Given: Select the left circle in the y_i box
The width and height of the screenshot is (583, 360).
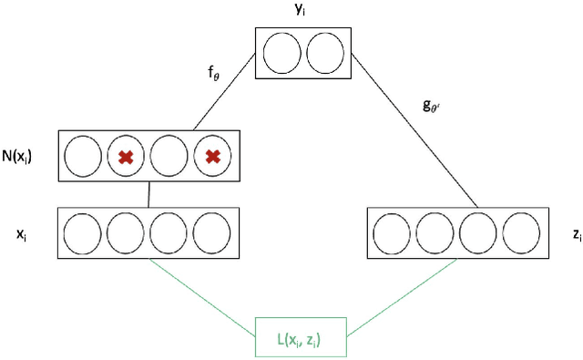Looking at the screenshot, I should tap(283, 53).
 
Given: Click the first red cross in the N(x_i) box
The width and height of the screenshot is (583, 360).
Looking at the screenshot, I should tap(127, 157).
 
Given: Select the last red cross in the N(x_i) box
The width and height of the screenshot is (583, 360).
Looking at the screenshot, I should tap(212, 157).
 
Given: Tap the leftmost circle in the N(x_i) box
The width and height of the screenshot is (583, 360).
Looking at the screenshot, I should tap(84, 157).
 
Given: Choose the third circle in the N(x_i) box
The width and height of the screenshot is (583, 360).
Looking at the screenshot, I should tap(169, 157).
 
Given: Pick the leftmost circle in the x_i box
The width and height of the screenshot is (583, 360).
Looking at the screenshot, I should tap(83, 233).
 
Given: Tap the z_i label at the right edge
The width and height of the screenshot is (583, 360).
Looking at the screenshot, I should tap(576, 234).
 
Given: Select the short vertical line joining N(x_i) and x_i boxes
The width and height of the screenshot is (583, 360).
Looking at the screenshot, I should tap(148, 193).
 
